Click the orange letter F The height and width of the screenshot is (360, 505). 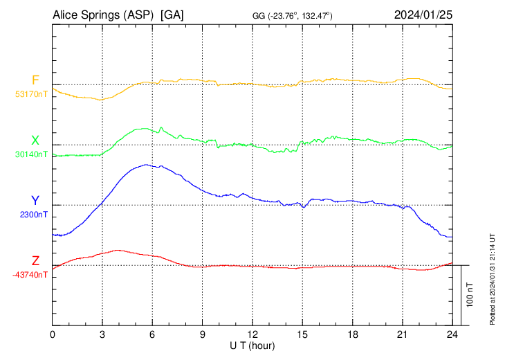pyautogui.click(x=35, y=80)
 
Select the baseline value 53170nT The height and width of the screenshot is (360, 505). pyautogui.click(x=32, y=93)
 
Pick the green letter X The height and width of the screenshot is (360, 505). pyautogui.click(x=35, y=141)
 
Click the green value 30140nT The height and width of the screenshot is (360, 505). pyautogui.click(x=32, y=154)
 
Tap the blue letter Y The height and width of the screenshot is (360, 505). pyautogui.click(x=35, y=201)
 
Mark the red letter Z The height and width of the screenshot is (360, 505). pyautogui.click(x=35, y=261)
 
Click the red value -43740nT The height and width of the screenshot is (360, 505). pyautogui.click(x=30, y=275)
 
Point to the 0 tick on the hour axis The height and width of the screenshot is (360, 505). pyautogui.click(x=53, y=334)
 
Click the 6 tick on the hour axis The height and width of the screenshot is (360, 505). pyautogui.click(x=153, y=334)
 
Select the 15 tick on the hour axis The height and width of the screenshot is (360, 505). pyautogui.click(x=302, y=334)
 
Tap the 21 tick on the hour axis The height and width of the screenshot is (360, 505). pyautogui.click(x=402, y=334)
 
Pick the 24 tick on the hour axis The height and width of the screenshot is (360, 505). pyautogui.click(x=452, y=334)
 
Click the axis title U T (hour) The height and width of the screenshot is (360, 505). pyautogui.click(x=252, y=345)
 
